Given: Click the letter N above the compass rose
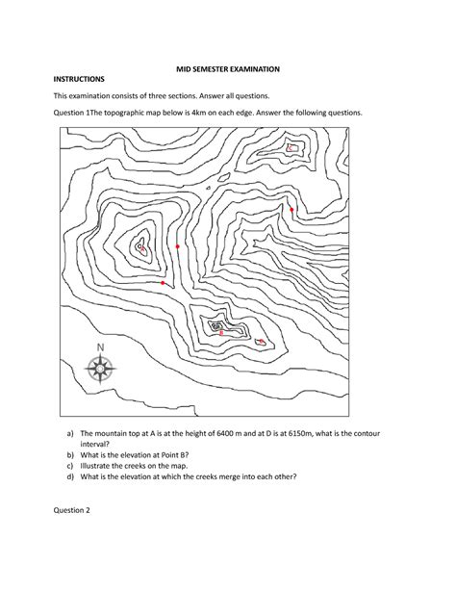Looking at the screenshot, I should click(100, 347).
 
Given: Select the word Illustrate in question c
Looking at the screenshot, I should click(98, 475).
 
